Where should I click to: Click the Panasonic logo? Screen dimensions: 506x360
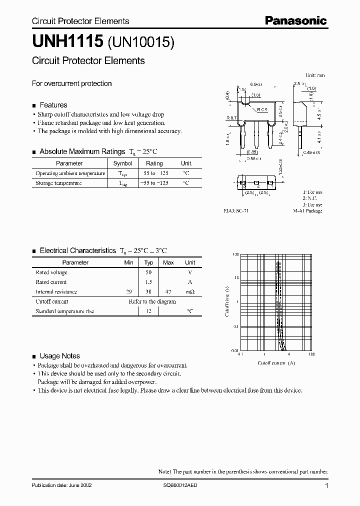click(295, 20)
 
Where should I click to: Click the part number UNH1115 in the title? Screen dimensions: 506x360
click(67, 42)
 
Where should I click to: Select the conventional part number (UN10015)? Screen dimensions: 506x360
click(140, 43)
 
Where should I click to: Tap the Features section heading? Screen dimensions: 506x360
click(53, 105)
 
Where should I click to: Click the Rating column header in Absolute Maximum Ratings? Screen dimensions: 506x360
click(154, 163)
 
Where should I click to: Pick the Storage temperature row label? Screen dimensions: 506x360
click(58, 183)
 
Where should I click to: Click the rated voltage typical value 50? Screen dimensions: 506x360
click(148, 272)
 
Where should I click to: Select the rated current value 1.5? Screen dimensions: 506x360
click(148, 282)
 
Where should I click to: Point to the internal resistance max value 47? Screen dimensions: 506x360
click(168, 291)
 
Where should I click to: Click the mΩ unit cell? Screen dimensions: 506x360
click(190, 291)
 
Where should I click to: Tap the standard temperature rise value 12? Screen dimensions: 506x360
click(148, 311)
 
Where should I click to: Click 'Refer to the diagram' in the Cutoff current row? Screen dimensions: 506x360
click(152, 301)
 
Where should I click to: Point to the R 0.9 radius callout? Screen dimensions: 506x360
click(262, 109)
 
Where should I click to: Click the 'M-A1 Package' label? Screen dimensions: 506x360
click(307, 211)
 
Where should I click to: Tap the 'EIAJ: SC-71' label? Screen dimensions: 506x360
click(236, 211)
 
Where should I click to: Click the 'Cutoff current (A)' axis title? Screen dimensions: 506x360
click(276, 362)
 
